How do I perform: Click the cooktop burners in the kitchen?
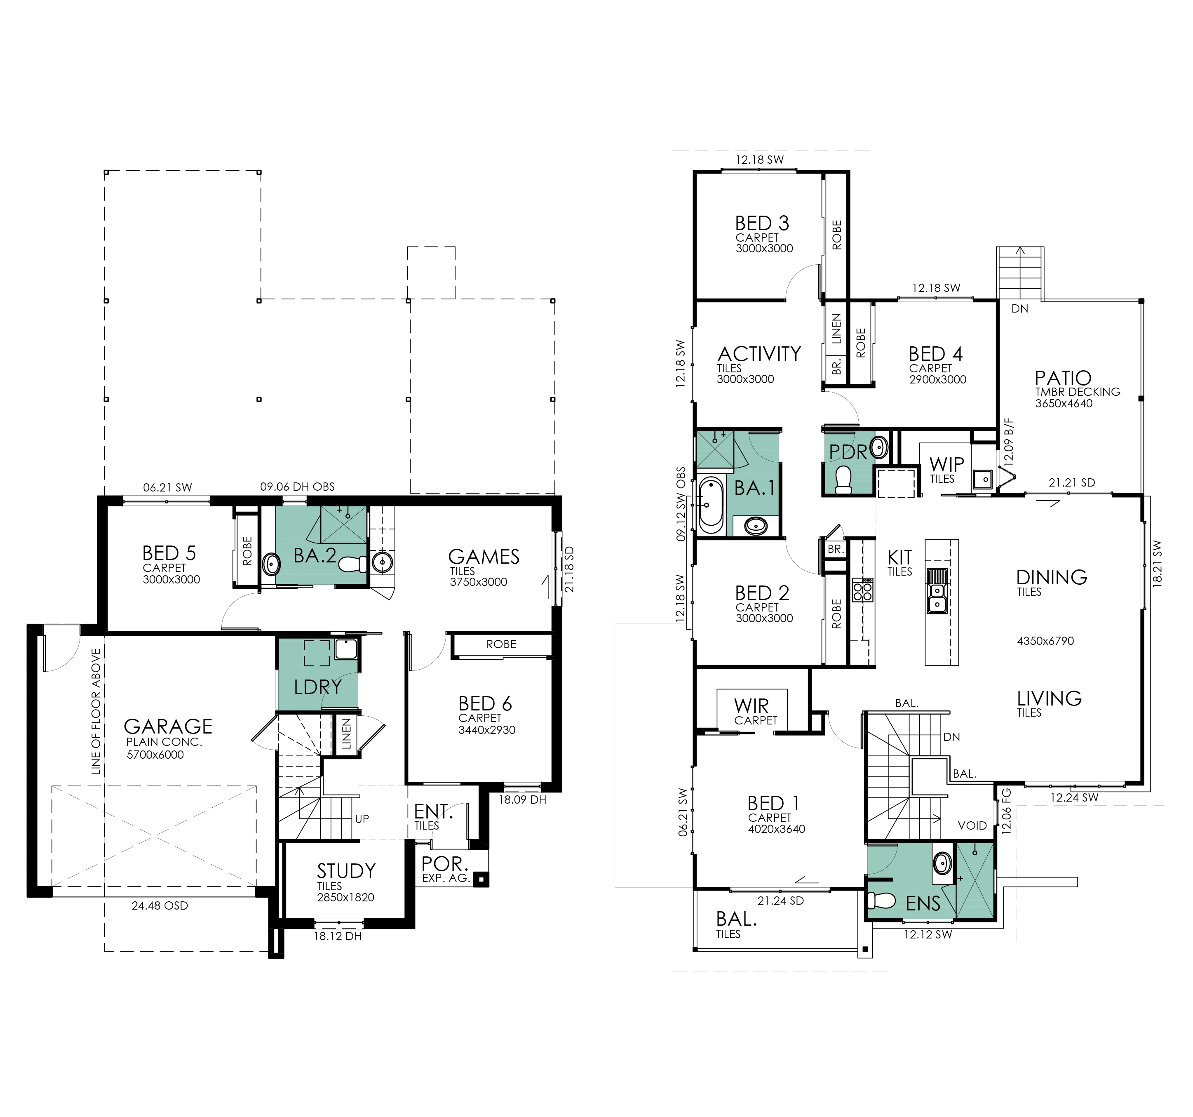862,589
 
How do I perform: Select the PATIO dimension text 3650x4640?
1064,403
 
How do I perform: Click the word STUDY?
346,870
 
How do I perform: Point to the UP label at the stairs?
362,819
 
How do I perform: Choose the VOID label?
972,825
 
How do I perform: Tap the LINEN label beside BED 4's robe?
836,329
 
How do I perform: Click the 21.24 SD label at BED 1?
780,901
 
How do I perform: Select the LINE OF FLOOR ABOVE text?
96,711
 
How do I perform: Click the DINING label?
1051,577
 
